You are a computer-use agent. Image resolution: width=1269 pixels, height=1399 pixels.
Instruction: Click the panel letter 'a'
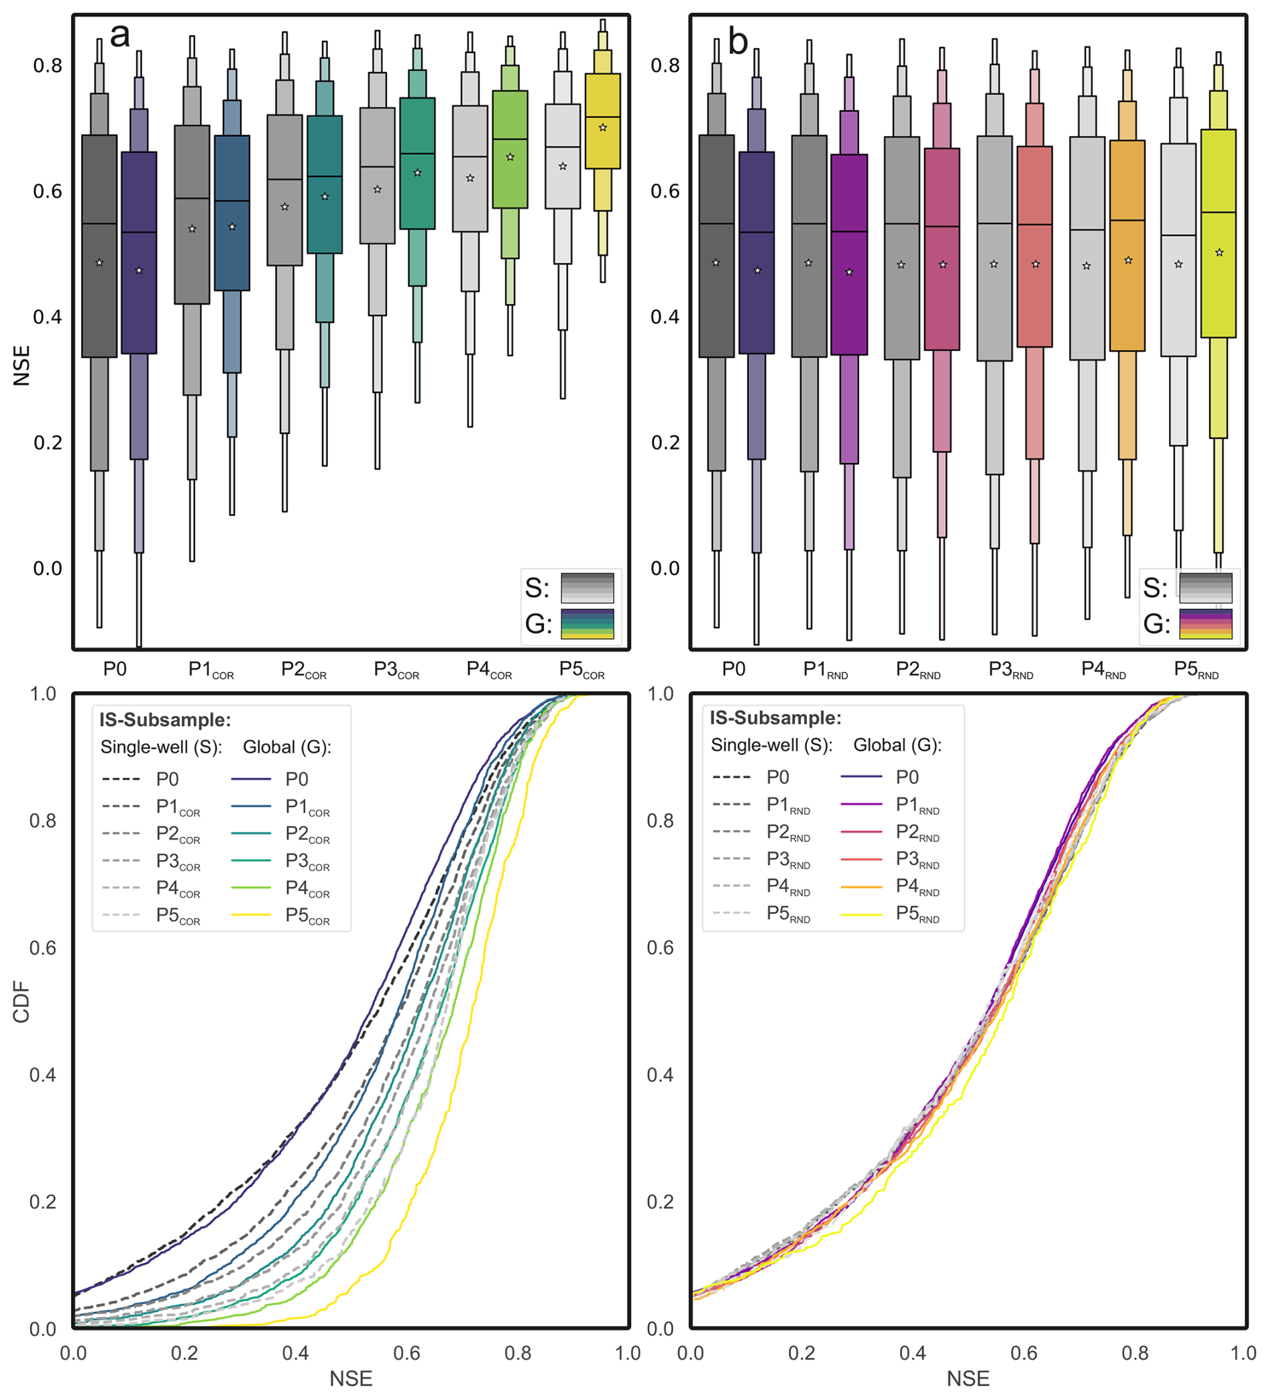pyautogui.click(x=120, y=35)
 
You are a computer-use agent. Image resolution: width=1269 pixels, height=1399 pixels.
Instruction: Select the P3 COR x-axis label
pyautogui.click(x=396, y=670)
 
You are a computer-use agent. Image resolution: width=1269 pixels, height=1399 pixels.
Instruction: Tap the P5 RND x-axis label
pyautogui.click(x=1195, y=670)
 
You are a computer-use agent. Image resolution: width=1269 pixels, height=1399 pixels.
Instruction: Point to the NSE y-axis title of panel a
pyautogui.click(x=22, y=366)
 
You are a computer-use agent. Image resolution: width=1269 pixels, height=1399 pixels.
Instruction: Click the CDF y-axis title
pyautogui.click(x=22, y=1002)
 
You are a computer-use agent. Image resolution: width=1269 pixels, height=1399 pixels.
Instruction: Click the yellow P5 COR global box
pyautogui.click(x=602, y=121)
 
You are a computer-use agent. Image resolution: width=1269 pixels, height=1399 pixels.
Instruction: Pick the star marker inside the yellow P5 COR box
pyautogui.click(x=602, y=127)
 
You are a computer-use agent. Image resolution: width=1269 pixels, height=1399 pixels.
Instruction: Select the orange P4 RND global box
pyautogui.click(x=1127, y=246)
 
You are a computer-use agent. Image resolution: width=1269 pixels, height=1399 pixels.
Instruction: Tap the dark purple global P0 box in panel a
pyautogui.click(x=139, y=252)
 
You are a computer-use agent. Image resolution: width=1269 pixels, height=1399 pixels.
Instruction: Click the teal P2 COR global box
pyautogui.click(x=325, y=185)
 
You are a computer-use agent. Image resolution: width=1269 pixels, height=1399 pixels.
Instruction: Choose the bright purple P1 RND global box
pyautogui.click(x=849, y=255)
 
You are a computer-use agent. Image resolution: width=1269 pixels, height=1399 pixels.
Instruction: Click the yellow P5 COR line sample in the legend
pyautogui.click(x=250, y=915)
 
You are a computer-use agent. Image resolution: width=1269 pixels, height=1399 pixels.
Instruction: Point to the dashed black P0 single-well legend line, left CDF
pyautogui.click(x=121, y=779)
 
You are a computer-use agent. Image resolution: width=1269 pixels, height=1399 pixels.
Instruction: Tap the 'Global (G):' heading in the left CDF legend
pyautogui.click(x=286, y=747)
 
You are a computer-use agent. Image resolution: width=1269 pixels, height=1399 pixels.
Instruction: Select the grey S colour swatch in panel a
pyautogui.click(x=587, y=588)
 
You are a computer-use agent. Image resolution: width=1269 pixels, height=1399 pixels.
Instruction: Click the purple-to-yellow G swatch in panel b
pyautogui.click(x=1205, y=624)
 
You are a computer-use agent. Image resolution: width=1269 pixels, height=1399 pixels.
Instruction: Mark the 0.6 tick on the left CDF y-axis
pyautogui.click(x=43, y=948)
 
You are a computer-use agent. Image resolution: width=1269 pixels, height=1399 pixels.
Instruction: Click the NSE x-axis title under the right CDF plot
pyautogui.click(x=968, y=1378)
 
